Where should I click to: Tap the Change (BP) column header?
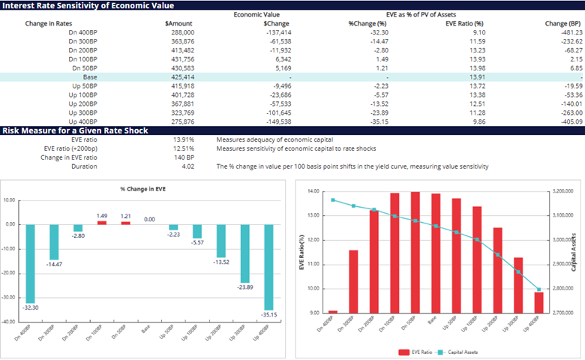562,24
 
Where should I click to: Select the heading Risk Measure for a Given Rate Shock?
74,130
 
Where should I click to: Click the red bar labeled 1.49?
101,222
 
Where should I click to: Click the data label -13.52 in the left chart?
220,262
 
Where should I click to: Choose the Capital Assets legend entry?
454,351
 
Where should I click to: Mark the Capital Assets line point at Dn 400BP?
333,199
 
